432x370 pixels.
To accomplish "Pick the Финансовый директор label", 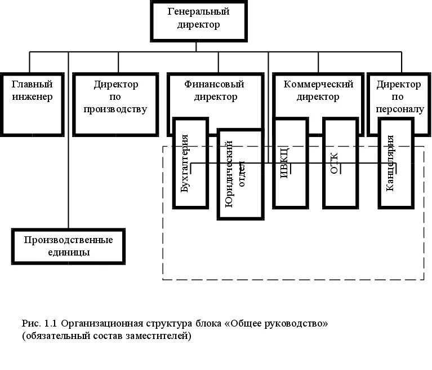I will click(215, 91).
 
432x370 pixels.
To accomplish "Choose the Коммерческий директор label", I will click(318, 91).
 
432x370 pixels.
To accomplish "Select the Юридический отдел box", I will click(240, 174).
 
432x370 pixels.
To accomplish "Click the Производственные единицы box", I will click(68, 246).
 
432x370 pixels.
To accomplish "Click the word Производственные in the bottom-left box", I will click(68, 240).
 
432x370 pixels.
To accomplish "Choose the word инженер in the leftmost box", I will click(32, 96).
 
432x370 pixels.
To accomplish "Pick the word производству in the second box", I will click(115, 109).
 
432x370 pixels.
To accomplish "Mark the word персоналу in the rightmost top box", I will click(399, 109).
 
